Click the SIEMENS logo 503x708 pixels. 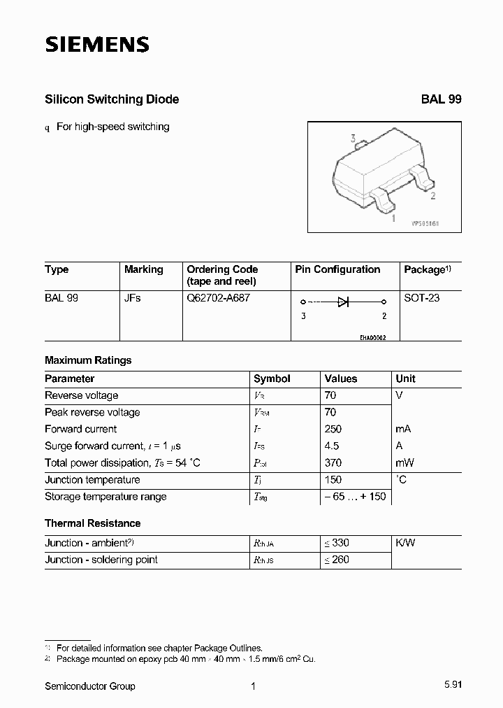[97, 45]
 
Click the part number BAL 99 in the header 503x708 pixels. [441, 99]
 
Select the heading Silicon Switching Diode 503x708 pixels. [112, 99]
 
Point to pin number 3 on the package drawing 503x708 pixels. [353, 139]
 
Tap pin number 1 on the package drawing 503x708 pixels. [393, 218]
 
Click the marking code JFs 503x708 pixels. [133, 297]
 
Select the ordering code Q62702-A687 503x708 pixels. [218, 297]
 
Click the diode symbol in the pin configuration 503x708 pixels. [343, 302]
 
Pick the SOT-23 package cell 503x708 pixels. [422, 297]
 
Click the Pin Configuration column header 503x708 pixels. [337, 269]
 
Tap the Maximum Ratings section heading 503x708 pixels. [88, 360]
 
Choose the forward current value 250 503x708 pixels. [333, 429]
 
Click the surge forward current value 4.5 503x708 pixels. [332, 446]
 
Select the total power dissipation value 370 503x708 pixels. [333, 462]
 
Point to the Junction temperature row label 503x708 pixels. [92, 480]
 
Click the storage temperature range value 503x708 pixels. [354, 497]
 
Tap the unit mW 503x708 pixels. [404, 462]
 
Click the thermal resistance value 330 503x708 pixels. [337, 543]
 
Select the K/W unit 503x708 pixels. [405, 543]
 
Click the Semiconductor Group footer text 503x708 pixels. [90, 686]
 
